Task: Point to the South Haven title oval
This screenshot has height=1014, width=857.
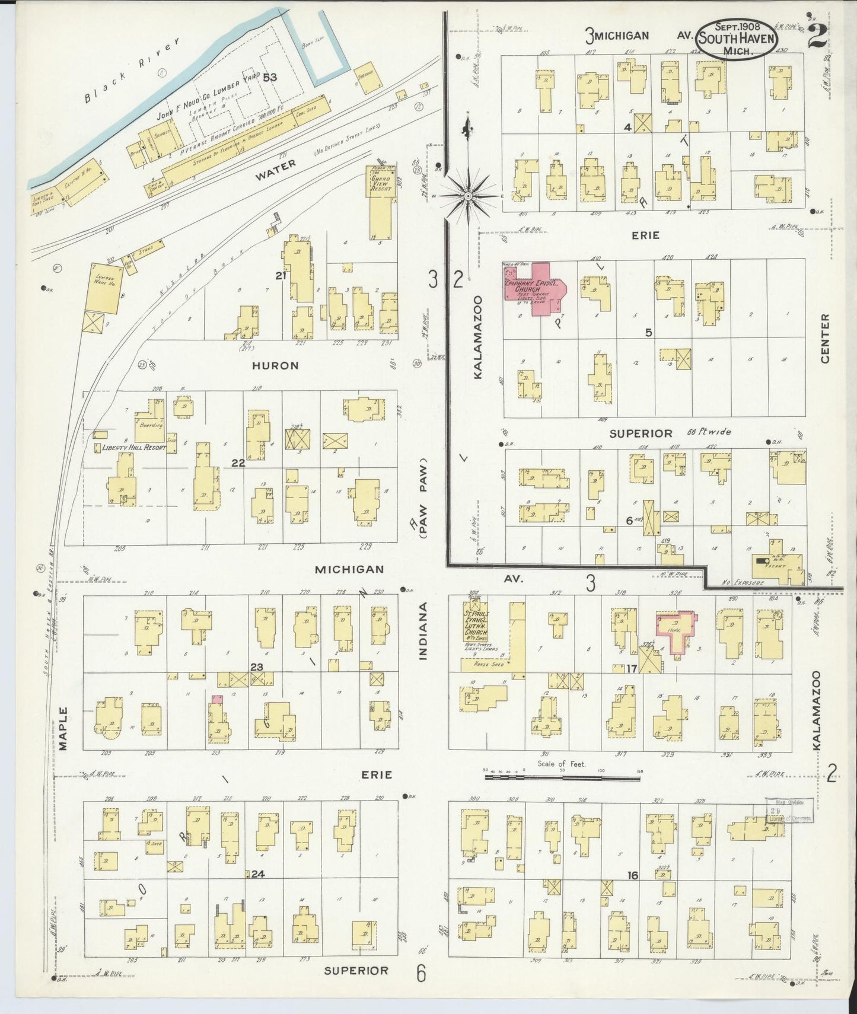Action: tap(735, 39)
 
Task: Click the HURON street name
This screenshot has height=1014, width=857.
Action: tap(275, 366)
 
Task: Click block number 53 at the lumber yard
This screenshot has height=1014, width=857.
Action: tap(270, 76)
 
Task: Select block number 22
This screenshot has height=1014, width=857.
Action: tap(238, 463)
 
